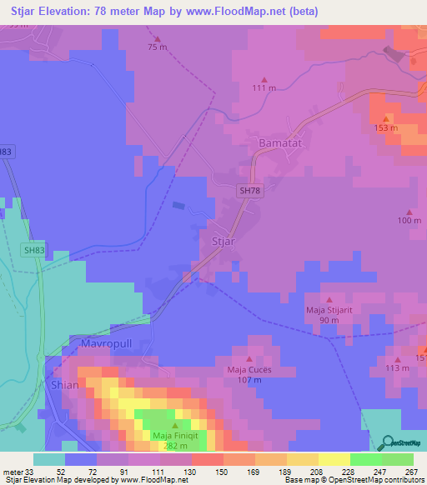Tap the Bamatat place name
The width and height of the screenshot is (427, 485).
click(x=284, y=143)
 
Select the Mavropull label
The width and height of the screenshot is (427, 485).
click(x=108, y=342)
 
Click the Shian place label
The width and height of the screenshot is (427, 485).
click(x=65, y=385)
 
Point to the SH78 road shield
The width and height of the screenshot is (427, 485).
click(x=249, y=191)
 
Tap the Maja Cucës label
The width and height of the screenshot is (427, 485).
click(x=249, y=369)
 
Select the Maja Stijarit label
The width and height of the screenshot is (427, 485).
click(x=329, y=311)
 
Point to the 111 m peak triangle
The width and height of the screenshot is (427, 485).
click(x=264, y=77)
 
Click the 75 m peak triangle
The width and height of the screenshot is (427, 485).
click(x=158, y=37)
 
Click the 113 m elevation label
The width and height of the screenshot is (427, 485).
click(x=397, y=367)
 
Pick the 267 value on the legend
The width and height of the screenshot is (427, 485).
click(x=411, y=472)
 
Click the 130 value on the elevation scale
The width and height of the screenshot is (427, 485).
click(x=190, y=472)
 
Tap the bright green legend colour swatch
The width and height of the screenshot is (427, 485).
click(x=366, y=460)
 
